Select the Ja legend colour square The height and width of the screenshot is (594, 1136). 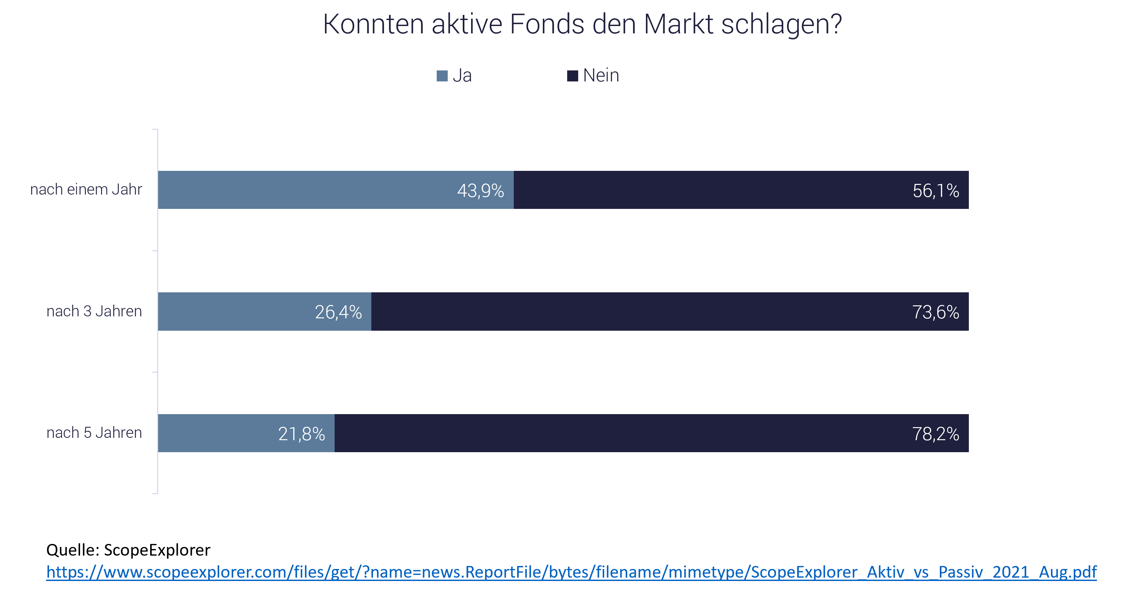point(442,76)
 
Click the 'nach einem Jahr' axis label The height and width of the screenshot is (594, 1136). point(86,190)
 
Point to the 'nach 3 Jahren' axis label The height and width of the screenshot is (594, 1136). point(94,311)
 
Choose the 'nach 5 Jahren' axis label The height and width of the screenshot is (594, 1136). point(94,432)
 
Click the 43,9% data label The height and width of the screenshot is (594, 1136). point(480,191)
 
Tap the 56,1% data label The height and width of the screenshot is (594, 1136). point(936,191)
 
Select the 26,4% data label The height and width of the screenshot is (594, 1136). point(338,312)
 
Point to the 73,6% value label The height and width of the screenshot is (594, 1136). point(935,312)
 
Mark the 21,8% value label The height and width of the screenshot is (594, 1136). point(302,434)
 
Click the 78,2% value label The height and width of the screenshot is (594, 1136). point(935,434)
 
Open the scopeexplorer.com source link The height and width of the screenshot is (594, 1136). point(571,572)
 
